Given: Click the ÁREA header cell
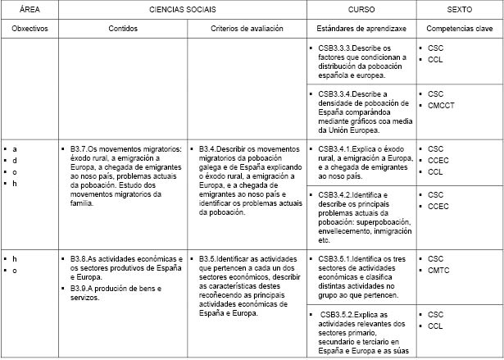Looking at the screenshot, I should pyautogui.click(x=30, y=9).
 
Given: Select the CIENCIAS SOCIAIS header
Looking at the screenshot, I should pyautogui.click(x=183, y=9).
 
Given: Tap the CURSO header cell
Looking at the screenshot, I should pyautogui.click(x=361, y=9).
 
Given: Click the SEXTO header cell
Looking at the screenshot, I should pyautogui.click(x=459, y=9).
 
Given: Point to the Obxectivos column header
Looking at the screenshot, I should pyautogui.click(x=30, y=28).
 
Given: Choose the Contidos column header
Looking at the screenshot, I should pyautogui.click(x=123, y=28).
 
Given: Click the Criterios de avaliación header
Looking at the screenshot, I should pyautogui.click(x=247, y=28).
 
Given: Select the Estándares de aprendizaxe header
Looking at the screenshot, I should pyautogui.click(x=361, y=28).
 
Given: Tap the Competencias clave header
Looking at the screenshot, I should pyautogui.click(x=459, y=28).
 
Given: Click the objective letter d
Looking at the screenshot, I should pyautogui.click(x=15, y=160).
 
